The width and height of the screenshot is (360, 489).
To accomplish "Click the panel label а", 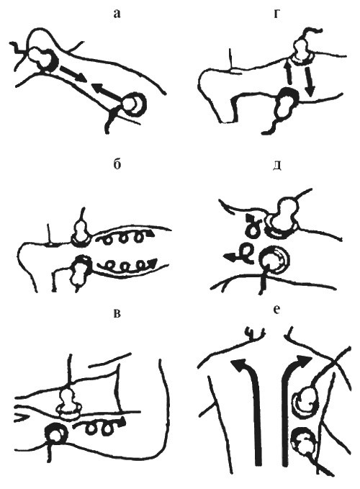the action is pos(117,14).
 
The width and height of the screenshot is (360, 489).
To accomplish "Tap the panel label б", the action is pos(117,164).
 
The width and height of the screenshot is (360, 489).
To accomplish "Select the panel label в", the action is pos(117,313).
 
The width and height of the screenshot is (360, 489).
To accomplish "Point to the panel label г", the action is pos(276,14).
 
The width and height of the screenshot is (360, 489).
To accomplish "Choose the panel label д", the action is pos(277,166).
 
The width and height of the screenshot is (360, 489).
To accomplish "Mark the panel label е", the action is pos(276,310).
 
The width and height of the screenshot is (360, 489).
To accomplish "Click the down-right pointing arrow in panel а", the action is pos(73,73).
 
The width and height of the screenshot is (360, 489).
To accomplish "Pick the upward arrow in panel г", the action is pos(289,73).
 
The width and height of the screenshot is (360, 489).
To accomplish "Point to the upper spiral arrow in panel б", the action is pos(125,238).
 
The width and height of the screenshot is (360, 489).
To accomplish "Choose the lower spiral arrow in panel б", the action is pos(127,265).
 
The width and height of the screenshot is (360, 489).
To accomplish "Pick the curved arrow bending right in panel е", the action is pos(285,405).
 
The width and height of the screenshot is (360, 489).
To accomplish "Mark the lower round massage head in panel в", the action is pos(56,434).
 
